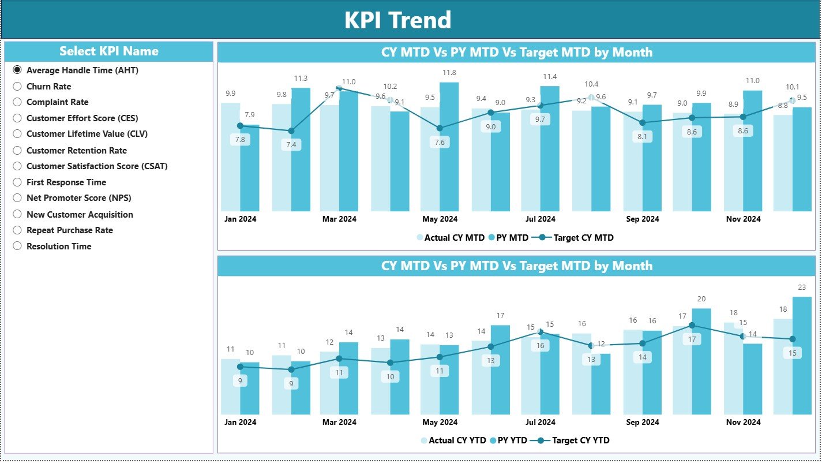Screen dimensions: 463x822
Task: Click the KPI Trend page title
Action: click(397, 20)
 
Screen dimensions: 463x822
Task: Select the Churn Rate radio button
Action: click(17, 86)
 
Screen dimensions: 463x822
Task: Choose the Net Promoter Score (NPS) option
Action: click(17, 198)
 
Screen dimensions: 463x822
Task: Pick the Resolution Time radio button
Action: click(17, 246)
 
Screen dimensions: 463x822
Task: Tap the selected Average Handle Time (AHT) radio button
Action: click(17, 70)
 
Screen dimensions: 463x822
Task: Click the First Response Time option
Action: click(17, 182)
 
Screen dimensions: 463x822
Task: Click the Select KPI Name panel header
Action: click(108, 51)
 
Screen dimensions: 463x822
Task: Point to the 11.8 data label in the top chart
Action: click(449, 73)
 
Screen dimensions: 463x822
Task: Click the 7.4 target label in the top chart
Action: click(291, 145)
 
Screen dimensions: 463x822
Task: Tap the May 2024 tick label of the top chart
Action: click(440, 219)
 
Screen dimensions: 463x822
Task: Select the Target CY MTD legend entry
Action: click(583, 237)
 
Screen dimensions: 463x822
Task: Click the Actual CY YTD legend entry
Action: click(456, 440)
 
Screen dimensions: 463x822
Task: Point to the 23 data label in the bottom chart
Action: click(802, 287)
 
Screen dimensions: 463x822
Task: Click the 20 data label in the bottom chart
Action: click(701, 299)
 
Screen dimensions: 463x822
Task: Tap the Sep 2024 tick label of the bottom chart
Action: click(642, 422)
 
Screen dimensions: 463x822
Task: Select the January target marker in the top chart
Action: click(241, 126)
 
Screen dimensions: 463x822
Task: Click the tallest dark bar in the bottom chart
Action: click(802, 355)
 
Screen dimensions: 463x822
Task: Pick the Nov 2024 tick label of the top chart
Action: click(743, 219)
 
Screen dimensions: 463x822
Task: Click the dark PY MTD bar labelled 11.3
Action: click(301, 150)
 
